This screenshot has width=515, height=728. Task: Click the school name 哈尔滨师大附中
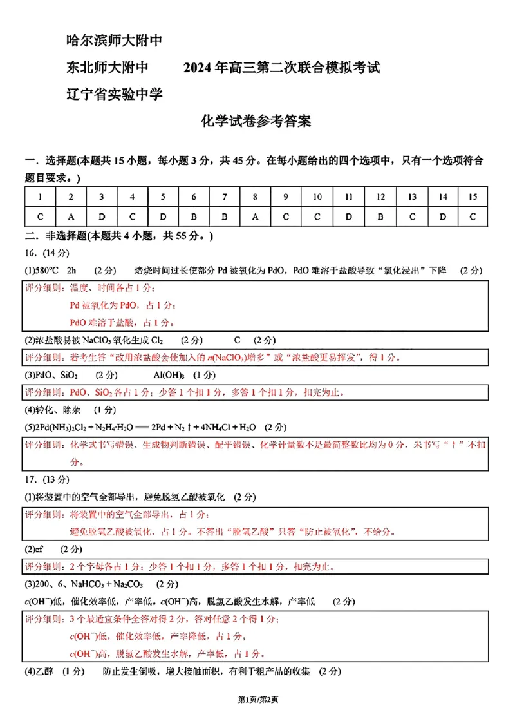(114, 41)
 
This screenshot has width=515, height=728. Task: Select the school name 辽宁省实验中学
(114, 93)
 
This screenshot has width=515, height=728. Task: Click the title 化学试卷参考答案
(256, 121)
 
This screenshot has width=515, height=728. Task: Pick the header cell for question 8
(255, 197)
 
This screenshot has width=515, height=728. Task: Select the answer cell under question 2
(71, 216)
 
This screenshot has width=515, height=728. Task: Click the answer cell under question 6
(193, 216)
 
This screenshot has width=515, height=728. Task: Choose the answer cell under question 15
(473, 216)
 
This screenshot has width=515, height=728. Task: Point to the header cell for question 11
(348, 197)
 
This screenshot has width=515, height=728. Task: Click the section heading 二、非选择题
(55, 236)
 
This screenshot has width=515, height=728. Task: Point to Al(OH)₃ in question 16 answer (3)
(169, 375)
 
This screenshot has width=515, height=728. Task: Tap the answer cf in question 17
(39, 550)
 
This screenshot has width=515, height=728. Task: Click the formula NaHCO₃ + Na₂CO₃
(104, 584)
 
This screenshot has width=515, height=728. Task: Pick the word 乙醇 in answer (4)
(45, 671)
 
